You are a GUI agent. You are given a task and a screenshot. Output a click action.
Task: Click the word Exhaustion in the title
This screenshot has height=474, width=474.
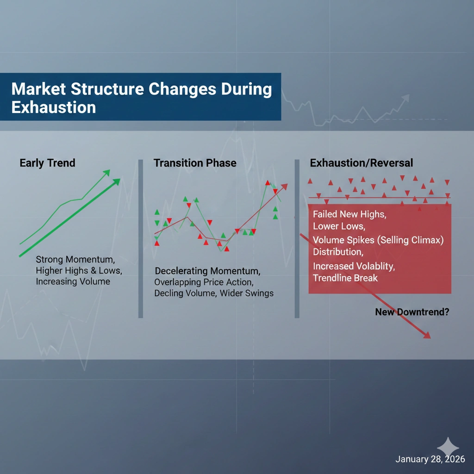coord(53,107)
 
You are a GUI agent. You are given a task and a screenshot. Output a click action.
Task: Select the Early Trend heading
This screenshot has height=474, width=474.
coord(47,163)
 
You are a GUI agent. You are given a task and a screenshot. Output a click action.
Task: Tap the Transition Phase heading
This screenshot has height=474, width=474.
coord(195,163)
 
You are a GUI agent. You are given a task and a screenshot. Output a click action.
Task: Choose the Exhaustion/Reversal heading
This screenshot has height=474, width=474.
coord(362,163)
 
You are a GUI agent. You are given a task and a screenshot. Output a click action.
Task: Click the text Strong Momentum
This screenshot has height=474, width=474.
coord(75,259)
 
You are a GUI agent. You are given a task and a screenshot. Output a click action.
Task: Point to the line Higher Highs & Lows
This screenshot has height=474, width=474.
coord(79,270)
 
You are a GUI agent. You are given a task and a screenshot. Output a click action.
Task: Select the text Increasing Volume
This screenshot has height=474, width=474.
coord(73,281)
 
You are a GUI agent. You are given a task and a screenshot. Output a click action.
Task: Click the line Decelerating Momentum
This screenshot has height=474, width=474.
coord(207,271)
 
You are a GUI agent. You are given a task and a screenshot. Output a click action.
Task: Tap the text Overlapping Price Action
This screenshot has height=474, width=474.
coord(204,282)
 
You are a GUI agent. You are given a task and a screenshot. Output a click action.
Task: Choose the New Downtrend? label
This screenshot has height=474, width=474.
coord(412,312)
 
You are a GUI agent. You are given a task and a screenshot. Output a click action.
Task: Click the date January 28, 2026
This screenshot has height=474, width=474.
coord(430,459)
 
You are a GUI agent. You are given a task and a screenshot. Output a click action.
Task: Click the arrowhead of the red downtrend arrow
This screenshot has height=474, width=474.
coord(426,336)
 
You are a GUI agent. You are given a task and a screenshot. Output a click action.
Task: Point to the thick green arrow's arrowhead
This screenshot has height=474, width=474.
coord(116,182)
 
